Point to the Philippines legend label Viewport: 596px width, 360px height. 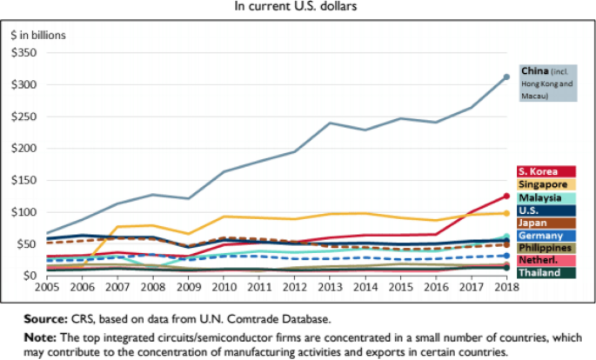[546, 248]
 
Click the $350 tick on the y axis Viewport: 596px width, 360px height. [24, 53]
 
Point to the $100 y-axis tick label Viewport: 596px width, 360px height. [24, 212]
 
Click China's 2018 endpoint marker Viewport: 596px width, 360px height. [506, 77]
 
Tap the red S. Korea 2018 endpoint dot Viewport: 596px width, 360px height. [506, 196]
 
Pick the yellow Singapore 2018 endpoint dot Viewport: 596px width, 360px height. [506, 213]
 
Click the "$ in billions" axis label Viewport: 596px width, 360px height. [38, 35]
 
